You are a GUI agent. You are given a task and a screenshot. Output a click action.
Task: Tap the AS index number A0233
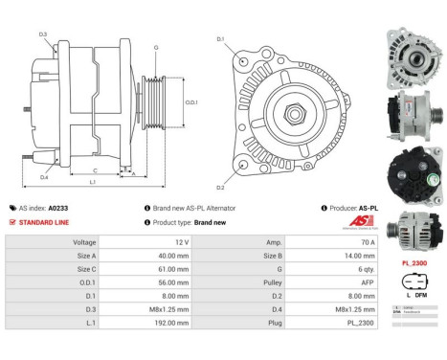coord(58,207)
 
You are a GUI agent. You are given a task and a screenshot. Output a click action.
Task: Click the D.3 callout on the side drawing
coord(43,34)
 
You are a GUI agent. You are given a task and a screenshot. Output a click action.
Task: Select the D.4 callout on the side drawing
coord(44,177)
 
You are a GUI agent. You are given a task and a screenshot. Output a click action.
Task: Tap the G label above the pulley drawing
coord(156,47)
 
